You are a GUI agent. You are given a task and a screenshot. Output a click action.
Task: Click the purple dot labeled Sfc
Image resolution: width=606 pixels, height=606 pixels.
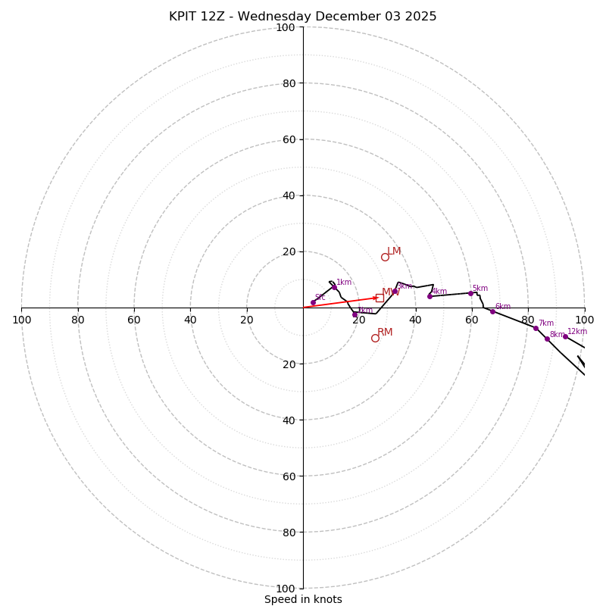click(x=313, y=302)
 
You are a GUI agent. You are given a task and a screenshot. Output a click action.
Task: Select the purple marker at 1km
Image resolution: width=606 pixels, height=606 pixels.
click(x=334, y=287)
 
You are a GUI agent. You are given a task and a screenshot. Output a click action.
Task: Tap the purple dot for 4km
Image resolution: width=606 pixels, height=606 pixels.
click(x=430, y=296)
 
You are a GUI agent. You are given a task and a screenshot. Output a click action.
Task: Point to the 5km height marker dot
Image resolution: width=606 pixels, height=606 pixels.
click(x=470, y=293)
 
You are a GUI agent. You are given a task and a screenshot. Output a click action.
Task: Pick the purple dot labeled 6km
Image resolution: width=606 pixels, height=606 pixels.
click(x=492, y=311)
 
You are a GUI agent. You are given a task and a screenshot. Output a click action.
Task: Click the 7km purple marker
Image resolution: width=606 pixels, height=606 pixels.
click(x=536, y=328)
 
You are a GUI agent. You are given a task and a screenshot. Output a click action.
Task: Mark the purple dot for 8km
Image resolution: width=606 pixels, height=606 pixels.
click(x=547, y=339)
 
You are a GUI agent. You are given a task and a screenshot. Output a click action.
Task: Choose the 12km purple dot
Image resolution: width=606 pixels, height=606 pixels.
click(x=565, y=336)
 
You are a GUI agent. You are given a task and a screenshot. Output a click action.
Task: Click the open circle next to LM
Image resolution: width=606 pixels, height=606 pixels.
click(x=385, y=257)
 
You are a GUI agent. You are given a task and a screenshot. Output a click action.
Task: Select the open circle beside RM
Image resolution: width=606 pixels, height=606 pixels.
click(x=375, y=338)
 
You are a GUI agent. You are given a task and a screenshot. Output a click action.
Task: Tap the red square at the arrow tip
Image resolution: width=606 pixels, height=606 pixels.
click(x=380, y=298)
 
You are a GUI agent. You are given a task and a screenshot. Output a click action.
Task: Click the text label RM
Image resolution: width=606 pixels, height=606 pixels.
click(x=385, y=333)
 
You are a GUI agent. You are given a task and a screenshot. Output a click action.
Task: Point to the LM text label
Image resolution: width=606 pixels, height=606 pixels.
click(x=394, y=251)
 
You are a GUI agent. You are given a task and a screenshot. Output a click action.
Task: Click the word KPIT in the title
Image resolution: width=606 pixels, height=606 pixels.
click(x=184, y=17)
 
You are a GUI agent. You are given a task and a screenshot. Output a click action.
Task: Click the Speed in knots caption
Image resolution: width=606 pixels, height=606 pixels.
click(x=303, y=600)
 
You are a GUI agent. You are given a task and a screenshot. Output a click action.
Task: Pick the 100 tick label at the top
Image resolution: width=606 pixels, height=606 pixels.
click(x=286, y=28)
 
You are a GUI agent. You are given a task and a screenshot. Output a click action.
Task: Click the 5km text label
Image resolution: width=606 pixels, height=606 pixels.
click(x=480, y=289)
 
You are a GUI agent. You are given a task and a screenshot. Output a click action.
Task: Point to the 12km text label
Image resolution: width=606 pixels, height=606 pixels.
click(x=577, y=332)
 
